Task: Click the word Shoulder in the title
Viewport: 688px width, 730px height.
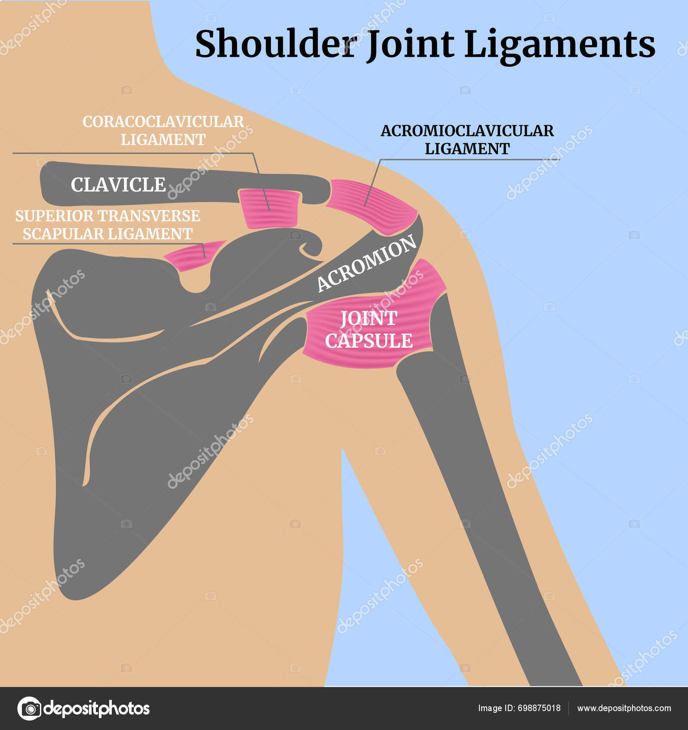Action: [x=275, y=44]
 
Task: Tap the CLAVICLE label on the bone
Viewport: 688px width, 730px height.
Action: [x=118, y=185]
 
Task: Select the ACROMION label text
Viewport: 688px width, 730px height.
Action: [x=366, y=263]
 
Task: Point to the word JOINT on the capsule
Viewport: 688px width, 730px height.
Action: [x=369, y=319]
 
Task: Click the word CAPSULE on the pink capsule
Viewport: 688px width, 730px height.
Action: [x=369, y=341]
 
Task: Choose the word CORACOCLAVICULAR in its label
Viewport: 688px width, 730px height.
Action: [x=163, y=122]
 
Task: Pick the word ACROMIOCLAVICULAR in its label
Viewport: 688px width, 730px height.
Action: [x=467, y=131]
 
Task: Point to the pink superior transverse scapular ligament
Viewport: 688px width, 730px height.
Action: [x=193, y=256]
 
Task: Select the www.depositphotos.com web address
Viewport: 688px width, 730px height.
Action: [x=624, y=708]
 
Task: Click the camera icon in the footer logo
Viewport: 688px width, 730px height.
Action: [x=30, y=708]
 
